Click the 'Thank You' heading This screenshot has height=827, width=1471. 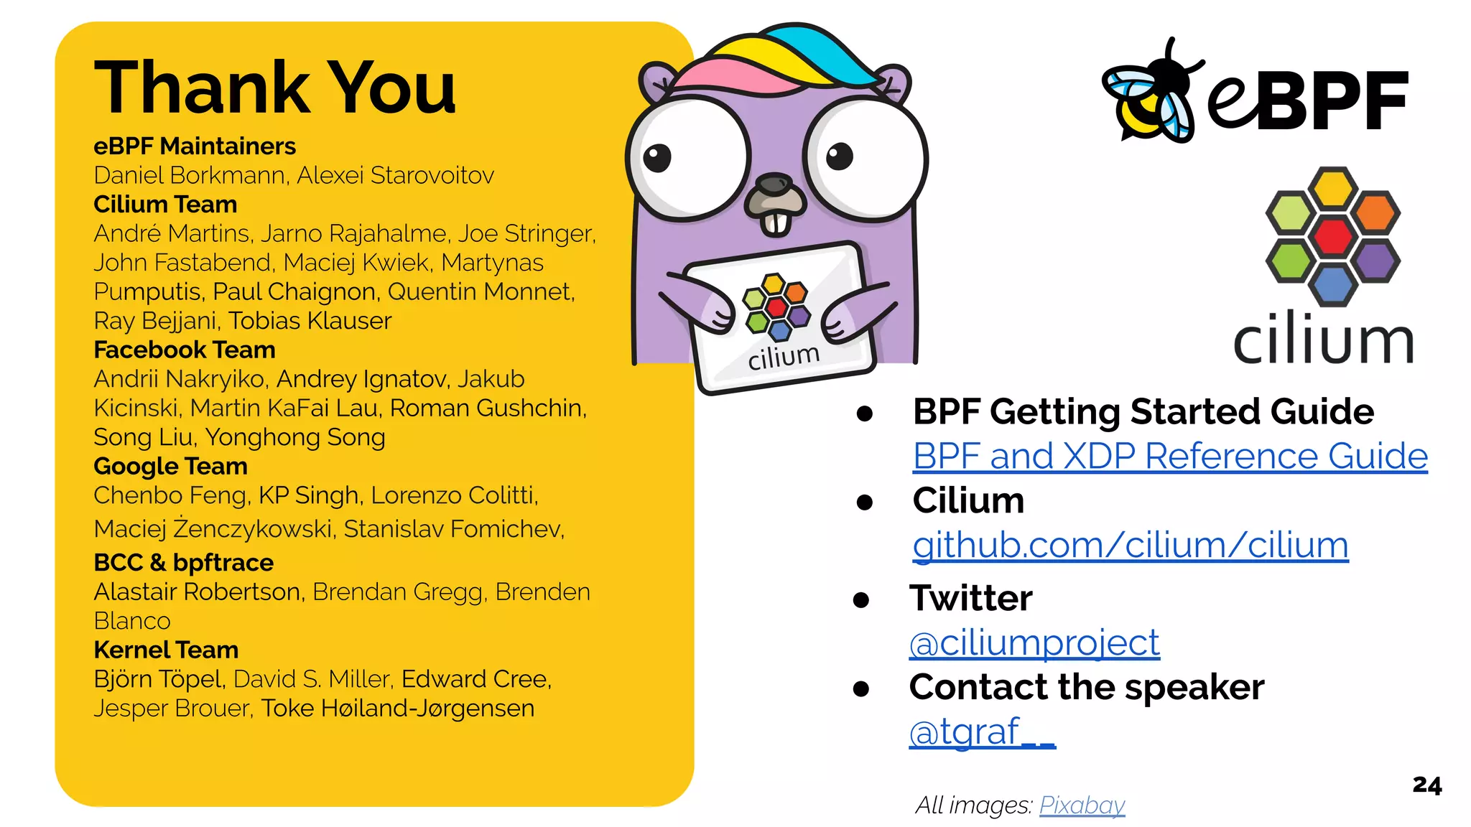click(275, 88)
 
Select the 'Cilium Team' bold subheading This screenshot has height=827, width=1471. click(165, 205)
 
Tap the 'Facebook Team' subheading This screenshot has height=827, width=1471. click(185, 350)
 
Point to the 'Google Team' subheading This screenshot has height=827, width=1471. click(170, 467)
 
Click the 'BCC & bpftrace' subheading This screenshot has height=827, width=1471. click(183, 563)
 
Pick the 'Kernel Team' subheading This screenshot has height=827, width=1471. click(166, 650)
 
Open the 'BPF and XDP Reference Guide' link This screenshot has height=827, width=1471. click(1169, 457)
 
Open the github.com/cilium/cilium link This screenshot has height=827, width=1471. click(1130, 546)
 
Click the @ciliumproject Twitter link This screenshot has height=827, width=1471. click(1034, 643)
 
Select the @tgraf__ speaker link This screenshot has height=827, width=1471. click(981, 732)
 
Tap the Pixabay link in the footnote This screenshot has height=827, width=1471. click(1082, 805)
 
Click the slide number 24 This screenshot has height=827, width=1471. click(1426, 785)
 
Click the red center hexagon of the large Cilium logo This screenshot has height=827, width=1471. click(1332, 236)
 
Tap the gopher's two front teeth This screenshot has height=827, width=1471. click(776, 223)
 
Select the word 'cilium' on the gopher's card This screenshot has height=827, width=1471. click(783, 356)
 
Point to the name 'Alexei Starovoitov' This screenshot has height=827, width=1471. click(396, 176)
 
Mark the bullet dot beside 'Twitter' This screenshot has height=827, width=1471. click(861, 599)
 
